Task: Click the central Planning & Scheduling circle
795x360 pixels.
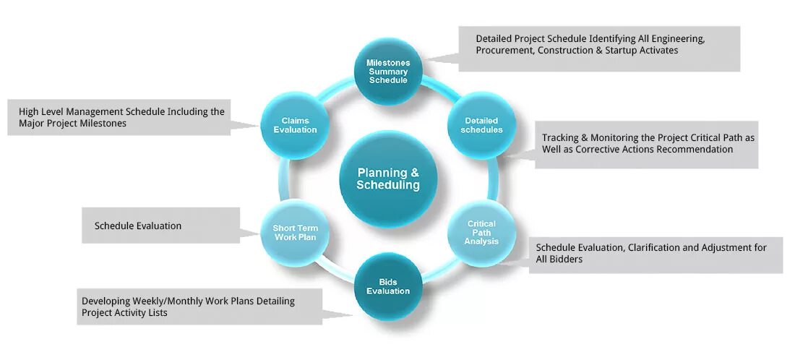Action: click(388, 179)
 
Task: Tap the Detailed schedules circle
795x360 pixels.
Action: click(482, 125)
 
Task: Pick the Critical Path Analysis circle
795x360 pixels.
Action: click(481, 232)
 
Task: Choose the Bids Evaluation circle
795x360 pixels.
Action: click(388, 286)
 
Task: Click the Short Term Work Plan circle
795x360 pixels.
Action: click(295, 233)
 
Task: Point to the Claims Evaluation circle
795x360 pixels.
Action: click(295, 125)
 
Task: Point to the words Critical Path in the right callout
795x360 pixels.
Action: click(685, 137)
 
